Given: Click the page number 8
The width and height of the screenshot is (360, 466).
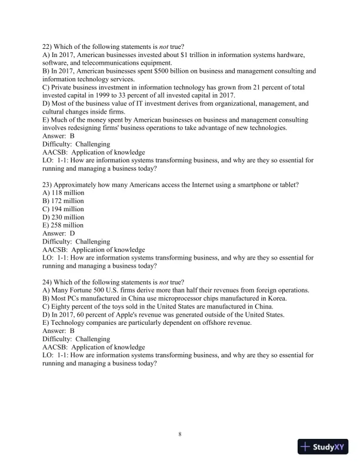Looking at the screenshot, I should click(x=180, y=435).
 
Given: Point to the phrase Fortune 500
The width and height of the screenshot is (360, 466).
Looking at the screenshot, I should click(x=93, y=291).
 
